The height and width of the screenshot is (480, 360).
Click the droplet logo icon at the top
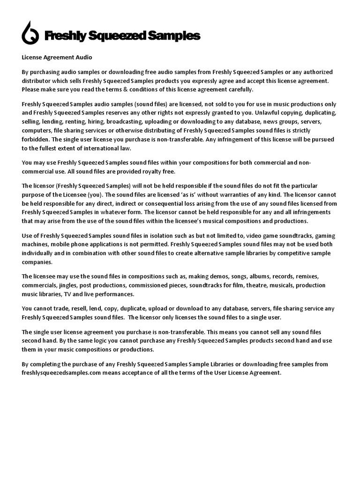tap(31, 33)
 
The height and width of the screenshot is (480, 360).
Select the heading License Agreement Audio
tap(57, 58)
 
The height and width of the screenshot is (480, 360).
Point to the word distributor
tap(37, 81)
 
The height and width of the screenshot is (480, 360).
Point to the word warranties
tap(233, 194)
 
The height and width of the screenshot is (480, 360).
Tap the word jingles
tap(69, 285)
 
